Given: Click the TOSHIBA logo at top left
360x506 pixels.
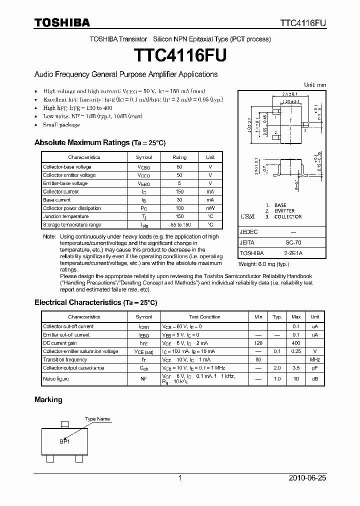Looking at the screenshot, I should pos(62,22).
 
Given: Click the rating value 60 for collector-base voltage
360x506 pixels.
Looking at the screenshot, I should pos(179,166).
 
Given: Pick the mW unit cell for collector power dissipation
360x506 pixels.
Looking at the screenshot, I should pos(210,208).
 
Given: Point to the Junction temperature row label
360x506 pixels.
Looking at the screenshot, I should pos(65,216).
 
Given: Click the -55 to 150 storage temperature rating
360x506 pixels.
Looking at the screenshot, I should pos(179,225).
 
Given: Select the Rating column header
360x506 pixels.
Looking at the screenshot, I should pos(179,157).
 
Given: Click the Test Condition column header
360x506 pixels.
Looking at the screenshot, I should pos(204,317).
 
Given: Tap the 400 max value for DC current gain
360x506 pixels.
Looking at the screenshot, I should pos(296,343).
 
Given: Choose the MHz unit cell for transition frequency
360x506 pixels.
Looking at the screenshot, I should pos(315,359).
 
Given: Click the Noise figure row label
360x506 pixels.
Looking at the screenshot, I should pos(56,379).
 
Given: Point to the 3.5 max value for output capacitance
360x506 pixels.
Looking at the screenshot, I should pos(296,368).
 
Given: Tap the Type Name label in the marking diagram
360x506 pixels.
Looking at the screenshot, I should pos(97,419).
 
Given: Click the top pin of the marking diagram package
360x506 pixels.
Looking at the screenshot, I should pos(63,424).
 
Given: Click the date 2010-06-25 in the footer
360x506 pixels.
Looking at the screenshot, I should pos(307,478).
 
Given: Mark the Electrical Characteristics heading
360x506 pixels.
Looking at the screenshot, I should pos(95,302).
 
